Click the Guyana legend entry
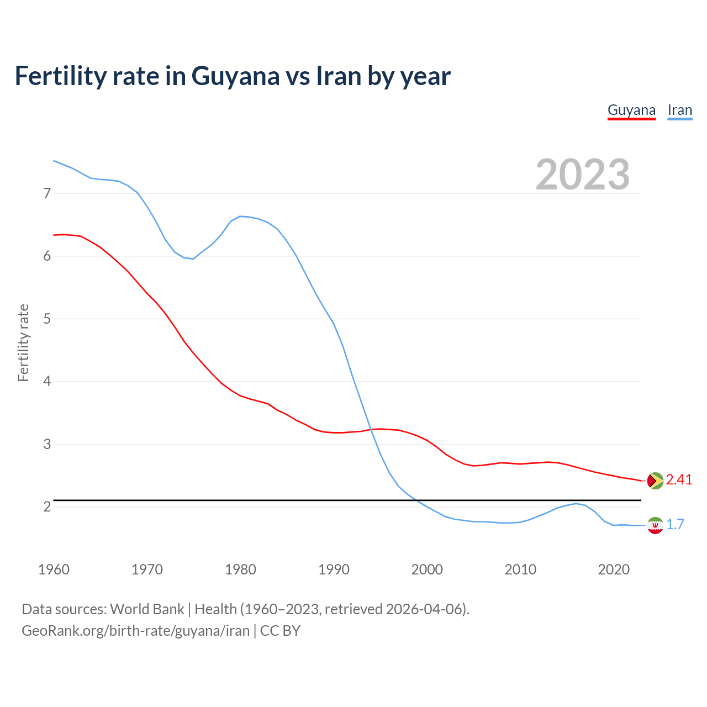click(631, 110)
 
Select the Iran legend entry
click(679, 110)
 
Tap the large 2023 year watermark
click(582, 175)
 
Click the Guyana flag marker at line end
click(655, 481)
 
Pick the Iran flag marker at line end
click(655, 525)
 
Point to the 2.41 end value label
click(679, 480)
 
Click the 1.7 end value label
click(675, 525)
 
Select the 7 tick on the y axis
click(47, 193)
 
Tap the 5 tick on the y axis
click(47, 319)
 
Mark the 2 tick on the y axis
click(47, 506)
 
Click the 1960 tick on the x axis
click(54, 569)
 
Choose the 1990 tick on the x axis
click(334, 569)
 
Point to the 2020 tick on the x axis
click(614, 569)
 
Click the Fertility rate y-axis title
click(23, 342)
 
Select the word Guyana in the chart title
click(235, 76)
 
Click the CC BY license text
click(280, 631)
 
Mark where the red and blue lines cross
click(371, 429)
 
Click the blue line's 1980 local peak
click(240, 216)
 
